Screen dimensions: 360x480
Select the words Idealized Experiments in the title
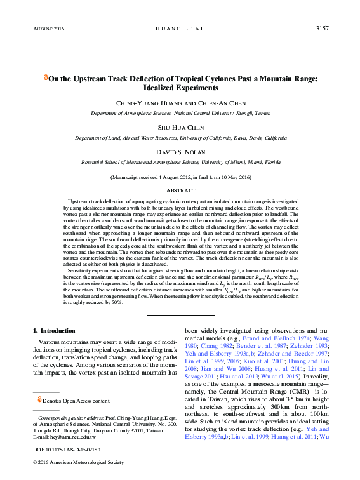pos(181,87)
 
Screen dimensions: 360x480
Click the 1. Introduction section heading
pos(54,330)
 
